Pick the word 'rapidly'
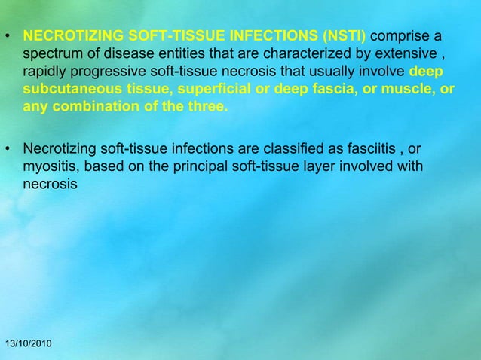tap(44, 72)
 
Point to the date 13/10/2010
tap(28, 344)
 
